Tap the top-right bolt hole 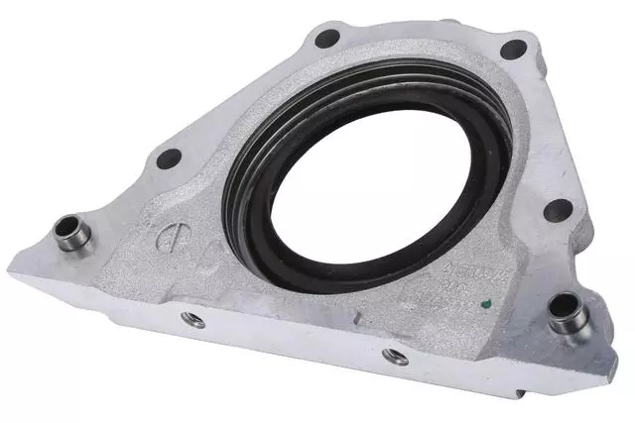[512, 49]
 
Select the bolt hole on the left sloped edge [169, 157]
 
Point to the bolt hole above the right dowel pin [558, 210]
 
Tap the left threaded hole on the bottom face [193, 319]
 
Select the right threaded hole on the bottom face [396, 356]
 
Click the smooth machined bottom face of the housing [298, 337]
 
